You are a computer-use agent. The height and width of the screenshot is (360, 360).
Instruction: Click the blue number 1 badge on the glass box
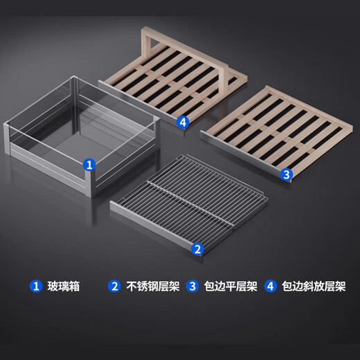(89, 165)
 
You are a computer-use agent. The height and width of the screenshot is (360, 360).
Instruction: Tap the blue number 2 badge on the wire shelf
(197, 249)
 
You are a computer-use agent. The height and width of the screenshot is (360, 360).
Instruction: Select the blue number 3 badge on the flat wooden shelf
(287, 174)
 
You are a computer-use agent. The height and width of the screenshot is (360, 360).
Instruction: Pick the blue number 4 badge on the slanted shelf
(183, 123)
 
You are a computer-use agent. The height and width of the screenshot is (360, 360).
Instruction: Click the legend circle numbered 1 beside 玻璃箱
(36, 286)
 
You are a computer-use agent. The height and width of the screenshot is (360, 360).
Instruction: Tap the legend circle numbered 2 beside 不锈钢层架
(114, 286)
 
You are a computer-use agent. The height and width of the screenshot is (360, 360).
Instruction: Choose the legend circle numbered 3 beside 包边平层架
(192, 286)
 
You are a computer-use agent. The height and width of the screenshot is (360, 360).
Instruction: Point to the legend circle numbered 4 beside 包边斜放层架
(271, 286)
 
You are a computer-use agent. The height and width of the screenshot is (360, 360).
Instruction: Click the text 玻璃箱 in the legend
(64, 287)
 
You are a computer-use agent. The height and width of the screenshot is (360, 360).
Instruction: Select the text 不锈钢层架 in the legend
(153, 287)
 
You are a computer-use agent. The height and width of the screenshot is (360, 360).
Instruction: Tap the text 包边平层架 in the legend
(231, 287)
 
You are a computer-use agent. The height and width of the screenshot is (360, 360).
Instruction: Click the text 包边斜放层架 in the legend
(314, 287)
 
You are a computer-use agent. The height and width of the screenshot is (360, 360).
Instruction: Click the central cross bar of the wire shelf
(190, 203)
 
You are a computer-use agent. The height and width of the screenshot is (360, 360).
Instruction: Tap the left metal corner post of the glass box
(7, 140)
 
